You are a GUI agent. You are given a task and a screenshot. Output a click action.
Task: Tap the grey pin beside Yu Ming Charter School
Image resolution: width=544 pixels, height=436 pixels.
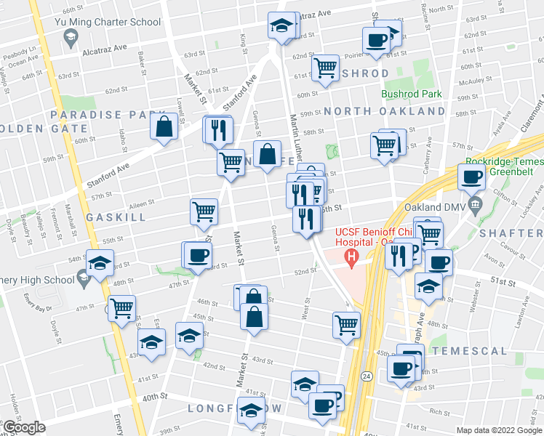(70, 39)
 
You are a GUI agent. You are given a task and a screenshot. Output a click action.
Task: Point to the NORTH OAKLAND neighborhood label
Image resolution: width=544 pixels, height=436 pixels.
(385, 111)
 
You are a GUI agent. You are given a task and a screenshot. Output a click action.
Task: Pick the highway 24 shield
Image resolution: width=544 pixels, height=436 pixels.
(366, 375)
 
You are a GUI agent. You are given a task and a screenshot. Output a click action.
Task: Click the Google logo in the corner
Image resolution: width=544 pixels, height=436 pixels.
(24, 427)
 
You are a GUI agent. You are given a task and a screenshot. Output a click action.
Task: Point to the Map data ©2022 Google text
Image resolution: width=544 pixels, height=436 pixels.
(498, 430)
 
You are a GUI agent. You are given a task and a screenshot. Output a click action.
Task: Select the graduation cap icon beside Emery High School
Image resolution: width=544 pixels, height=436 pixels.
(100, 263)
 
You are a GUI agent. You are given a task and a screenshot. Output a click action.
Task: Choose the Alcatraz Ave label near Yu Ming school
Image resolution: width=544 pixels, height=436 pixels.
(105, 47)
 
